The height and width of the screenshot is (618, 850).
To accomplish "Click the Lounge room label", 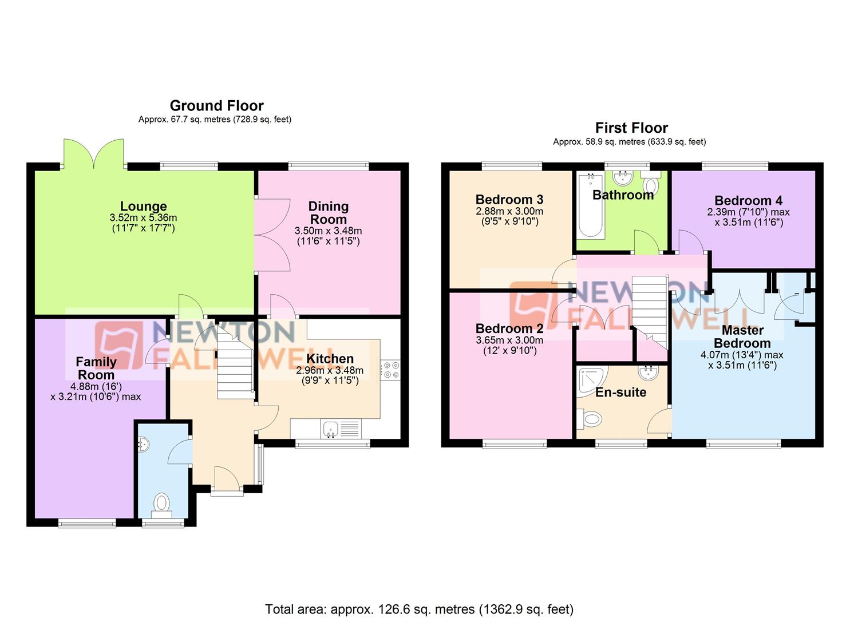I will click(143, 206).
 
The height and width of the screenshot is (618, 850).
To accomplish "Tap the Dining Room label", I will click(328, 213).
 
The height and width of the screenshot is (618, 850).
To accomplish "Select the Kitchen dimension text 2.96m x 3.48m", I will click(330, 370).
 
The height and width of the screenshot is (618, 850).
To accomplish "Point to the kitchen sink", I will click(330, 429).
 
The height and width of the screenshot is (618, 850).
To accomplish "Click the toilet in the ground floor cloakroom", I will click(162, 504).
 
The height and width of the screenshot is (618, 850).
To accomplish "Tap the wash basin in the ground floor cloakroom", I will click(143, 443).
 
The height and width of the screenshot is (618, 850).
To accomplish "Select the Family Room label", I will click(96, 368).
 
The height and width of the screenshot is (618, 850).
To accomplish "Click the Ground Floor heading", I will click(216, 106).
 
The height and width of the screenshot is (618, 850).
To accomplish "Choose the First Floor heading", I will click(631, 128).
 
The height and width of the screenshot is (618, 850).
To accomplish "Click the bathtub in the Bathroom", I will click(591, 208).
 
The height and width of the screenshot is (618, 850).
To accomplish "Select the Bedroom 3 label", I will click(509, 200).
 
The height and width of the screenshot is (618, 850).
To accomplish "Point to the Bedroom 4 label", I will click(748, 200).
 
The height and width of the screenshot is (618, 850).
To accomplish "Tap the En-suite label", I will click(620, 393).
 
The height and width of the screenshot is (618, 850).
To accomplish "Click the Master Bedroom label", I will click(742, 336).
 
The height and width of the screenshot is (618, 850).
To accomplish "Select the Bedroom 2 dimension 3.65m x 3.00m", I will click(509, 340).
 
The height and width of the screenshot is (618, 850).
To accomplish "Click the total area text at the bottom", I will click(419, 609).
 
